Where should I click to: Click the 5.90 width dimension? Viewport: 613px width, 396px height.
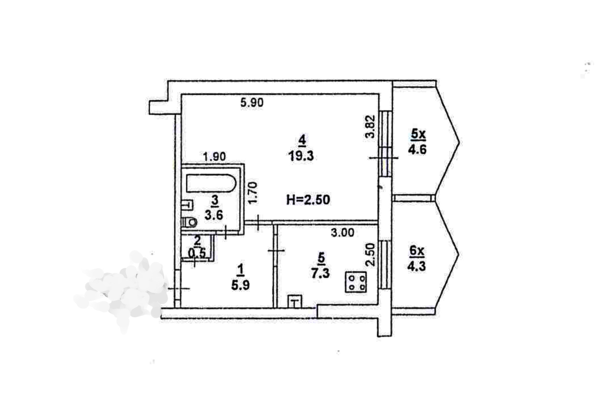click(x=252, y=103)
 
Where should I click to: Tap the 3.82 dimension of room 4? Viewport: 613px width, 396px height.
click(x=369, y=126)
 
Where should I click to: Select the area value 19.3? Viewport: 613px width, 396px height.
click(x=301, y=156)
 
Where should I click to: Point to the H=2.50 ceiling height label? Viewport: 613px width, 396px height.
click(x=308, y=200)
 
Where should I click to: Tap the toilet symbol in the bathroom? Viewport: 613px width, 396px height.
click(x=189, y=222)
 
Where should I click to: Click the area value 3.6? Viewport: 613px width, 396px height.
click(x=214, y=215)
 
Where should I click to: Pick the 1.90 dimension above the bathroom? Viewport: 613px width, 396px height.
click(x=215, y=156)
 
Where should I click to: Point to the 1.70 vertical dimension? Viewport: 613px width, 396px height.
click(x=253, y=193)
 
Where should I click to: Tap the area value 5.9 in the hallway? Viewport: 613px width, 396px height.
click(x=240, y=285)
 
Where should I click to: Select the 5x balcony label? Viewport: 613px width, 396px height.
click(x=418, y=135)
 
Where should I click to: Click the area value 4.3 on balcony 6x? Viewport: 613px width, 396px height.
click(x=416, y=266)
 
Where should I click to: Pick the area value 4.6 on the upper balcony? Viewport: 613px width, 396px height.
click(x=417, y=149)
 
